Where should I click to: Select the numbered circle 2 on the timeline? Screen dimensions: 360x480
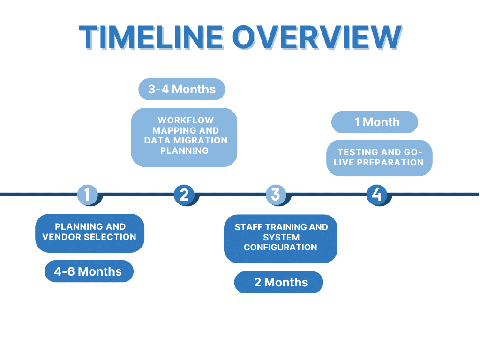(x=184, y=194)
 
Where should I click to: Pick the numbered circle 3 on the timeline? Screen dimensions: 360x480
(x=276, y=194)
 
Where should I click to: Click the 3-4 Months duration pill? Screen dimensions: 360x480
(x=182, y=89)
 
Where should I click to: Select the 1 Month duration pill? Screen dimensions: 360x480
(x=375, y=122)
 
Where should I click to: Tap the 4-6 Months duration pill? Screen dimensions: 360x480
(x=89, y=271)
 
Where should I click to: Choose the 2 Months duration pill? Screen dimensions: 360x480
(x=279, y=282)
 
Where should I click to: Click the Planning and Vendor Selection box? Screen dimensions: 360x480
(x=90, y=233)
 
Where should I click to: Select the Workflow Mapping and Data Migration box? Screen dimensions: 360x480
(x=184, y=137)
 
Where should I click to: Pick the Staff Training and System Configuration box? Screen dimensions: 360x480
(x=280, y=238)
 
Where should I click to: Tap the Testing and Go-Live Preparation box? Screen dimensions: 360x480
(x=379, y=157)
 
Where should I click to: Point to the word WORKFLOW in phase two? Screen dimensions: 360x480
(x=185, y=120)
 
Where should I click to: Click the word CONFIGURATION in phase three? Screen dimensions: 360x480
(x=280, y=247)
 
